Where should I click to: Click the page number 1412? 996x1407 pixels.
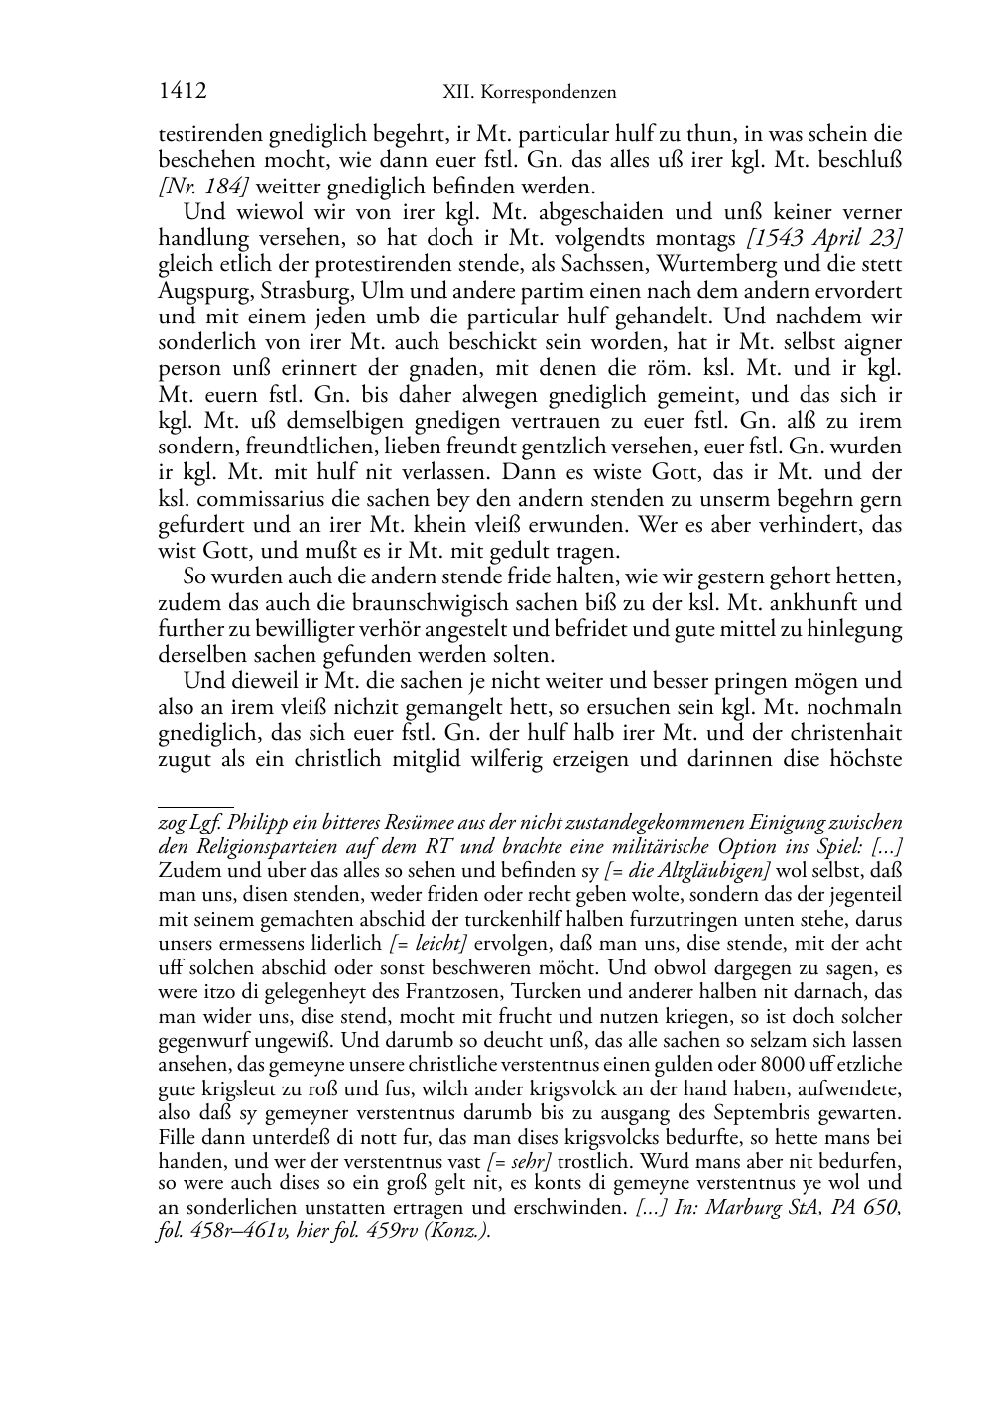pos(183,92)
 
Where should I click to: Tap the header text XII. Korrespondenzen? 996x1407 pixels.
pos(529,93)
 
